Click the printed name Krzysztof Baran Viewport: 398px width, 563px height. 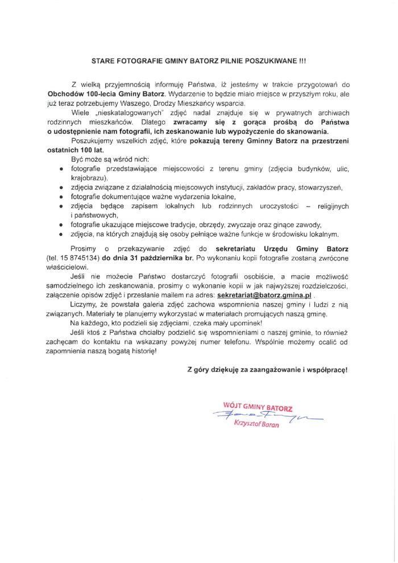click(256, 428)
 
